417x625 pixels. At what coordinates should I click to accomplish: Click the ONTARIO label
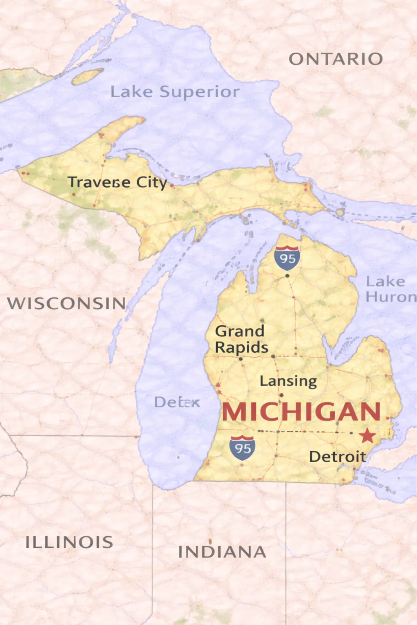336,59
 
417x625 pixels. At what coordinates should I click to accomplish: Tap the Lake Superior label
175,92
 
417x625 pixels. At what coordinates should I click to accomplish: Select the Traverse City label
117,182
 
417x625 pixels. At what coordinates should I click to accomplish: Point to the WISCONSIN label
66,304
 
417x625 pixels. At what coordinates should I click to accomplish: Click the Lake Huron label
390,289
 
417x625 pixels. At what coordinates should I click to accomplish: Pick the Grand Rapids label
241,339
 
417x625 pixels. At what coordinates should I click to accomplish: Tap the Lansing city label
288,381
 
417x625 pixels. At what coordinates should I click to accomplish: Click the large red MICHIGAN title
301,412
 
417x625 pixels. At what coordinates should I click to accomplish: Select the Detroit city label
337,457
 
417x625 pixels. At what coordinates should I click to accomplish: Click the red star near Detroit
367,436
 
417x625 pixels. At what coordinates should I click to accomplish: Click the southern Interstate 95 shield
242,448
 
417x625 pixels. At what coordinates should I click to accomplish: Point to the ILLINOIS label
69,542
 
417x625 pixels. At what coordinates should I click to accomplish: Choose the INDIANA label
222,552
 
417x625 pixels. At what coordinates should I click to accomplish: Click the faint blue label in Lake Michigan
177,402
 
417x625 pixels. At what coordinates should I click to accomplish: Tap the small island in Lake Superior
88,76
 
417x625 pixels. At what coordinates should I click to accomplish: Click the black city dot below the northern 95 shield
287,276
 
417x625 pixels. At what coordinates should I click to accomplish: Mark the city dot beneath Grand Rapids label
241,359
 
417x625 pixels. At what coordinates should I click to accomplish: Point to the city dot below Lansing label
281,395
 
